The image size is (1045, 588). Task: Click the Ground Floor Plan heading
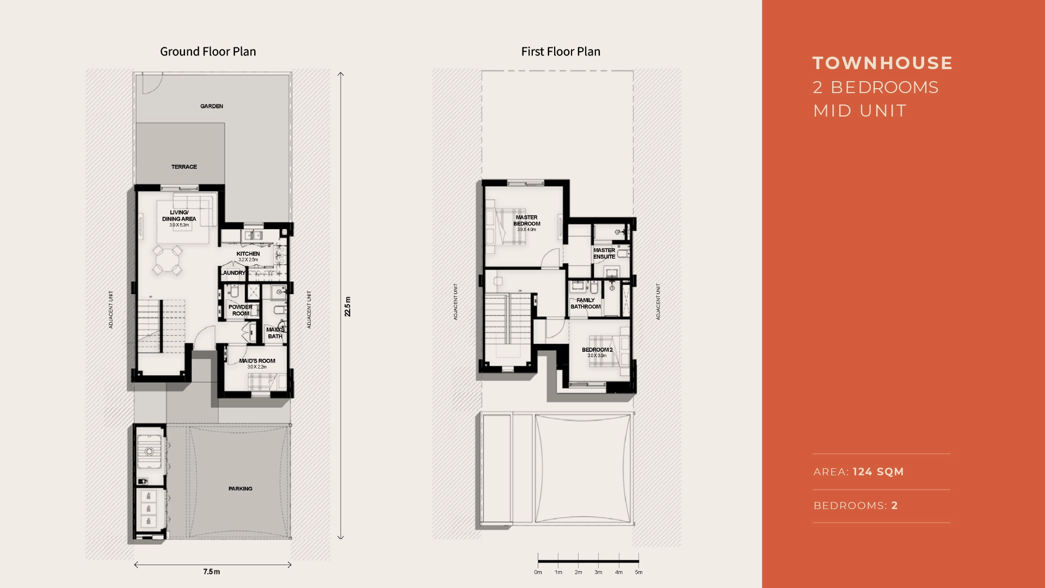coord(208,52)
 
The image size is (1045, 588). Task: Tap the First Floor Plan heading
coord(561,52)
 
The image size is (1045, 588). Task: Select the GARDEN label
coord(212,106)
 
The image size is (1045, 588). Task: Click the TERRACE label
coord(184,167)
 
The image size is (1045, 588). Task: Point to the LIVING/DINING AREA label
coord(179,216)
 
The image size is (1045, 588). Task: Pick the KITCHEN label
coord(248,254)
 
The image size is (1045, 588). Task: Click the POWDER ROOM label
coord(240,310)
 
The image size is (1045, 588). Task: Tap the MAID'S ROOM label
coord(257,361)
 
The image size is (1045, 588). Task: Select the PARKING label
coord(240,489)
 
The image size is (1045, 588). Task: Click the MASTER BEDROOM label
coord(526,220)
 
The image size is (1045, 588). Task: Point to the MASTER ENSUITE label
coord(604,254)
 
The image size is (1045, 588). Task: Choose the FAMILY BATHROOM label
coord(586,303)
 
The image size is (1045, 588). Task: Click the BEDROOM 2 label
coord(597,350)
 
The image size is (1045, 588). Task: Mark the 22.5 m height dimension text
coord(348,307)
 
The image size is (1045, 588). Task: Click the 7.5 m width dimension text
coord(212,572)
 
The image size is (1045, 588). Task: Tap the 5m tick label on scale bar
coord(638,572)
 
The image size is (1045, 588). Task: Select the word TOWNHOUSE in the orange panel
coord(882,63)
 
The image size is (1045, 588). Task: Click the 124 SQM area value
coord(878,472)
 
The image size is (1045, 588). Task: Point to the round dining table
coord(167,260)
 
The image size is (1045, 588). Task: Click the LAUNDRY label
coord(233,273)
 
